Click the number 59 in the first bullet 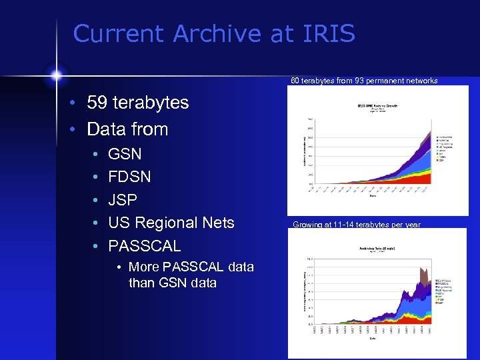click(98, 103)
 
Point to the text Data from click(127, 129)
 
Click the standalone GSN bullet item click(125, 154)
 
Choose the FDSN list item click(129, 177)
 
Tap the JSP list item click(123, 199)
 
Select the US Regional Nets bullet click(171, 223)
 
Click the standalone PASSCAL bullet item click(144, 245)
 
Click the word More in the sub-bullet click(144, 267)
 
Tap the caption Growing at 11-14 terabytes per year click(357, 225)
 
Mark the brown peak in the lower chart click(423, 275)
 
